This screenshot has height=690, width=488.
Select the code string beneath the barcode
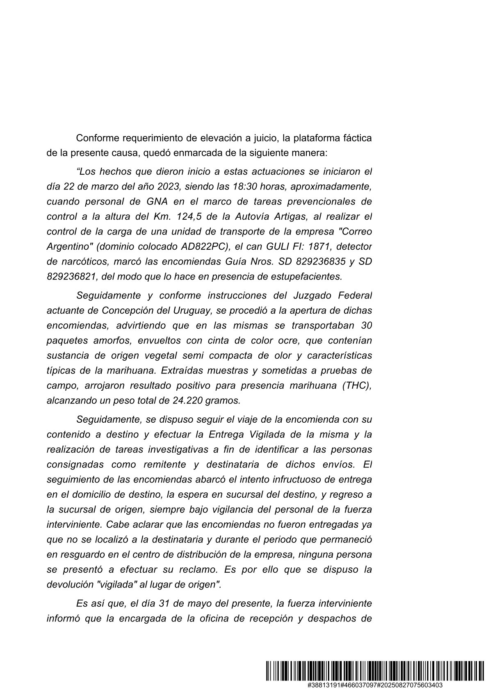[x=376, y=684]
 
